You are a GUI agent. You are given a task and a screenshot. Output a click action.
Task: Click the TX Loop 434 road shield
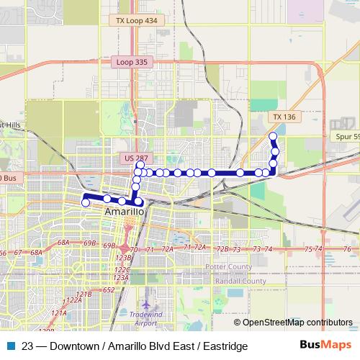136,22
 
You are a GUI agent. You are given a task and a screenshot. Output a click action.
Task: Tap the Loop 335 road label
131,63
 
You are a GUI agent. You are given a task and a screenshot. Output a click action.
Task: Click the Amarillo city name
125,213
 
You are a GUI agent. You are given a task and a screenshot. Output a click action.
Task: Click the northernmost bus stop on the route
272,136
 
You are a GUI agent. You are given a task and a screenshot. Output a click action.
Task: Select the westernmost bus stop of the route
86,203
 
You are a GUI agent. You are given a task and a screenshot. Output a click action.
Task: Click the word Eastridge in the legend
225,346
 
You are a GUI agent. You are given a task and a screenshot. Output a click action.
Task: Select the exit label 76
346,249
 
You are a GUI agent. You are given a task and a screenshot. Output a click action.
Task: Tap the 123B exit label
124,257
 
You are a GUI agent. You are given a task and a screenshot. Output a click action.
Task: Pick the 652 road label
108,289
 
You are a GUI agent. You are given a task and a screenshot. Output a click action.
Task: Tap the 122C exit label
120,269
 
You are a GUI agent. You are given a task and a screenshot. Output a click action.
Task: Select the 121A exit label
59,313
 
